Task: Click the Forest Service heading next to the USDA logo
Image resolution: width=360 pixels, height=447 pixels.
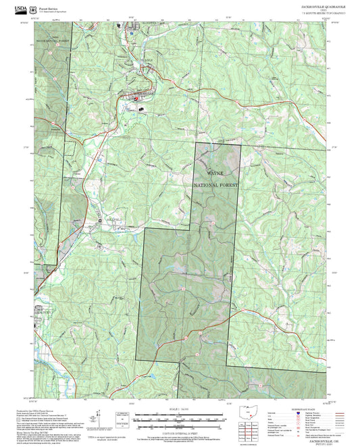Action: point(51,5)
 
